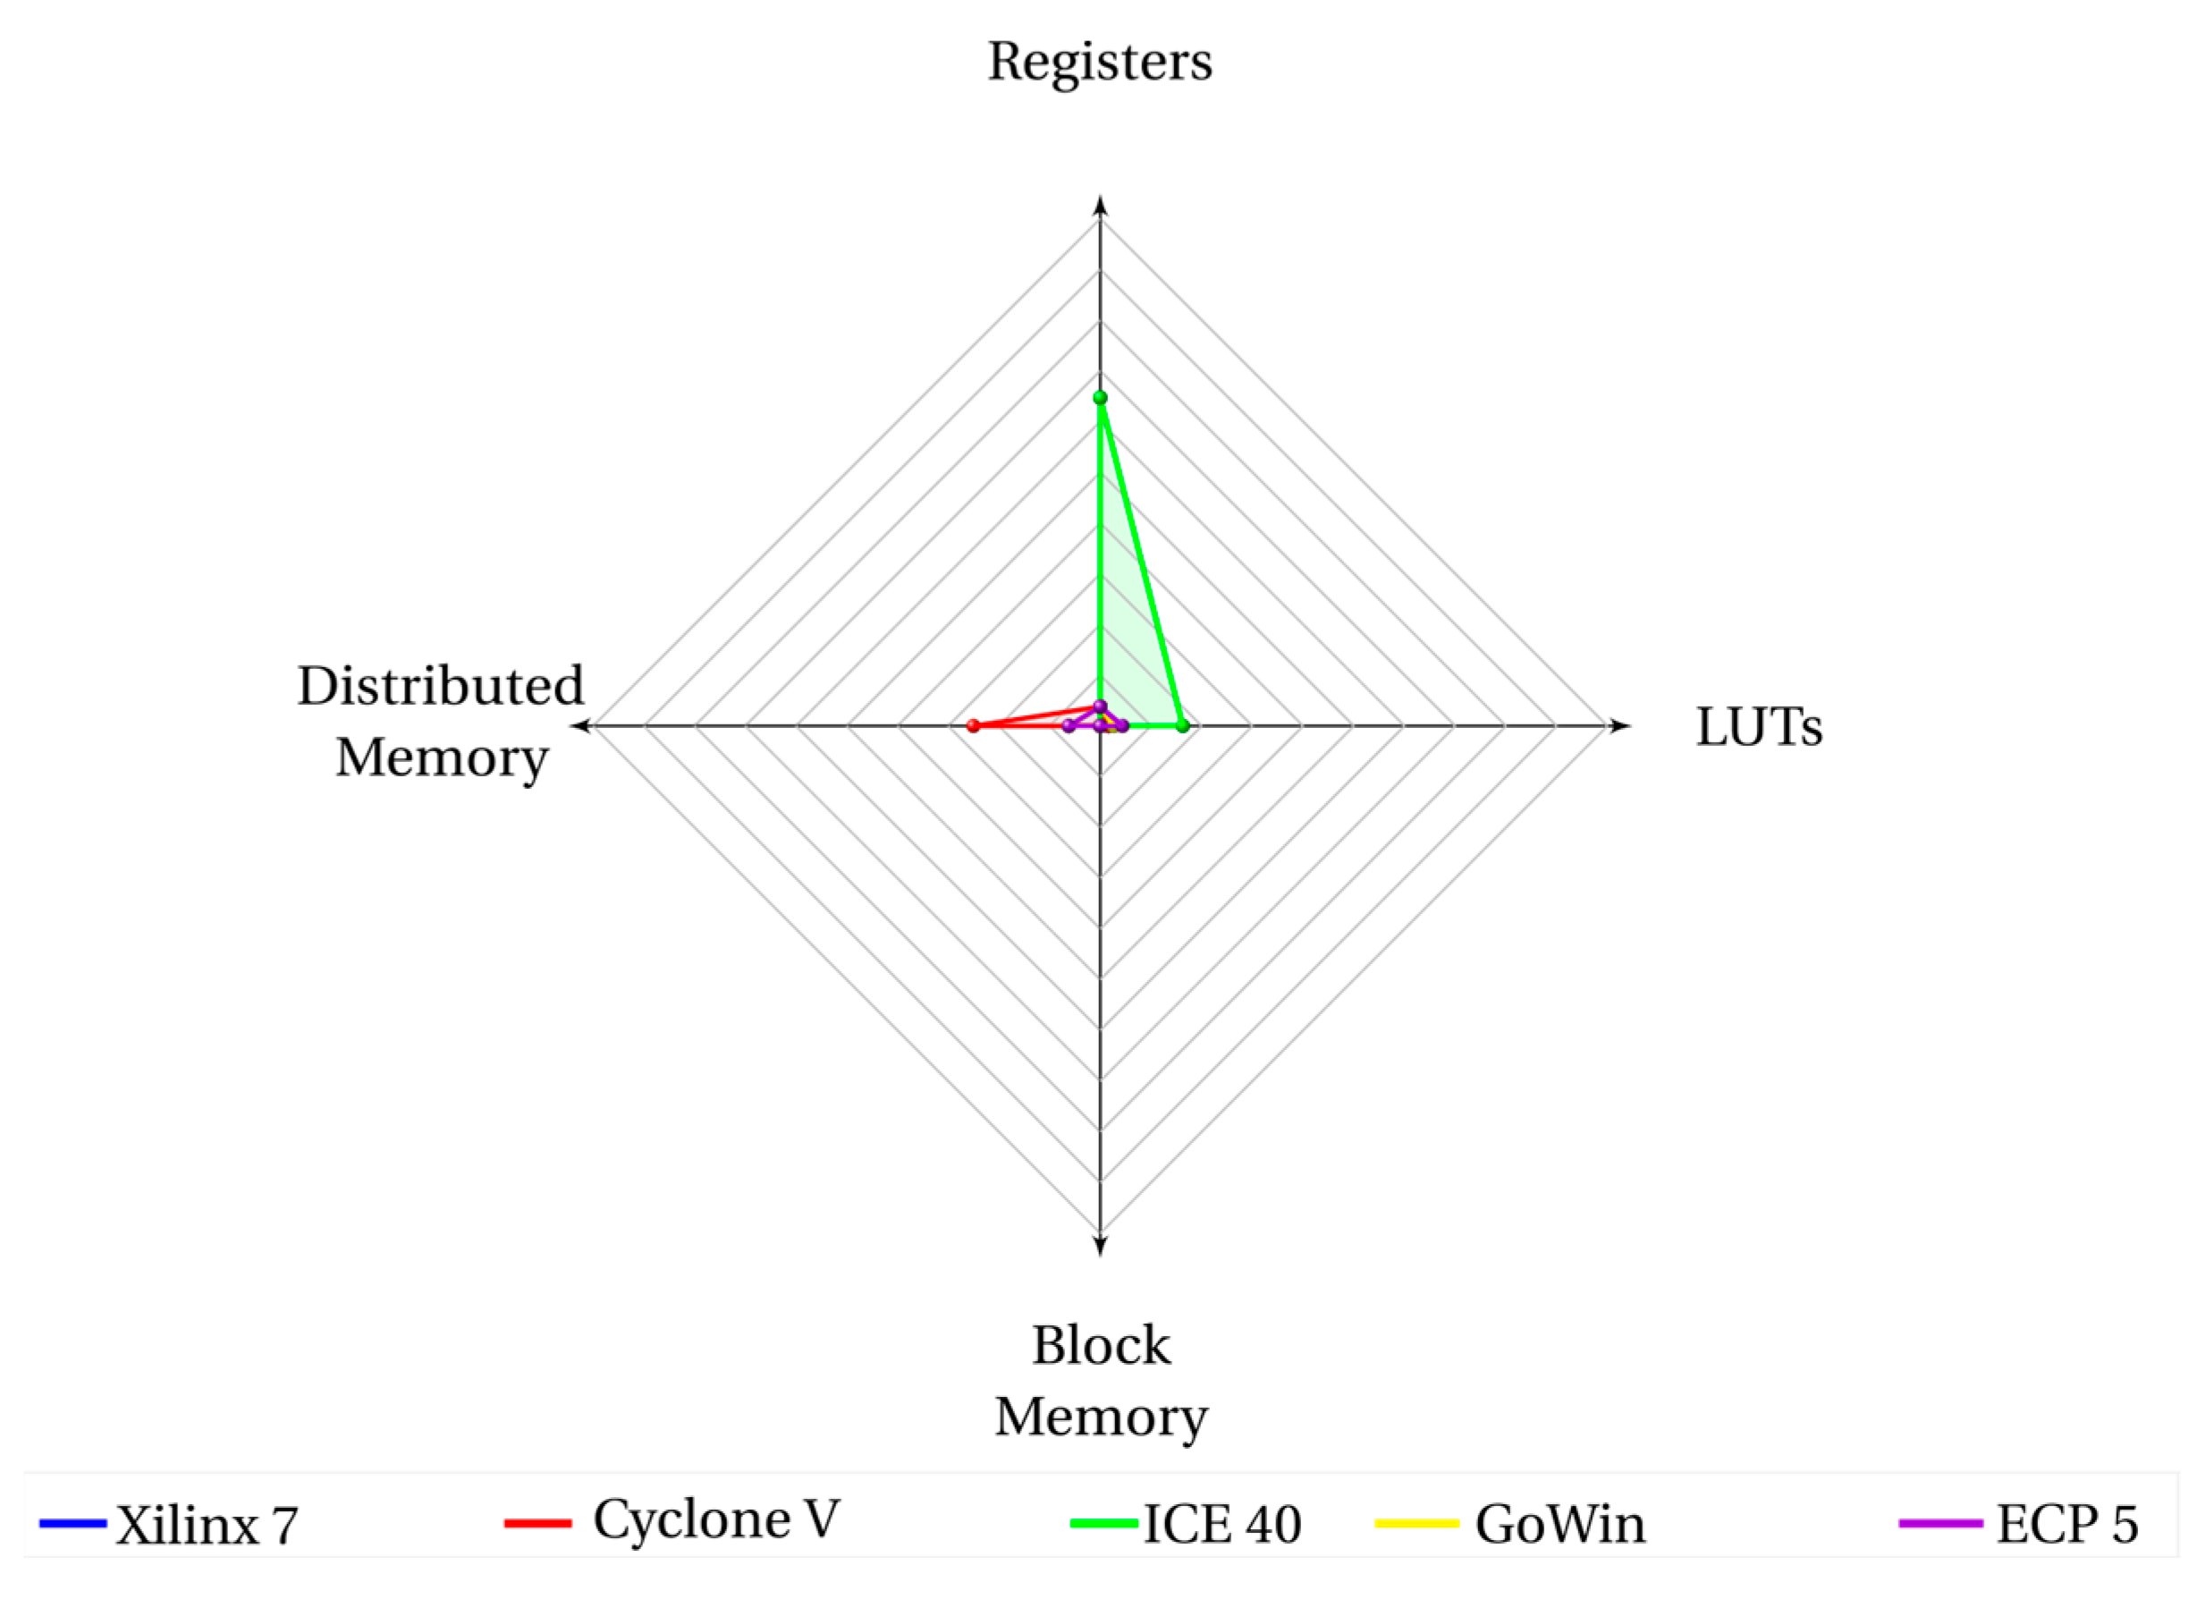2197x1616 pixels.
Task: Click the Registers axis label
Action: pyautogui.click(x=1100, y=63)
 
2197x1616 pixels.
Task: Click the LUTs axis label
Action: pyautogui.click(x=1759, y=728)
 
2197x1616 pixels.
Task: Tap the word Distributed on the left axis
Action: pyautogui.click(x=440, y=686)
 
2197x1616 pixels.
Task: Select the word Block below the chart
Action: pyautogui.click(x=1101, y=1346)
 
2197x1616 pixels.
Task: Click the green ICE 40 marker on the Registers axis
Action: pyautogui.click(x=1100, y=397)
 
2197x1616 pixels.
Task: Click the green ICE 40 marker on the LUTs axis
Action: pyautogui.click(x=1183, y=726)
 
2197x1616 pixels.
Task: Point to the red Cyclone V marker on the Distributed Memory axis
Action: pyautogui.click(x=972, y=726)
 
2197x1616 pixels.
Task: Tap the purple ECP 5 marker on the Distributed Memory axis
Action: pyautogui.click(x=1069, y=726)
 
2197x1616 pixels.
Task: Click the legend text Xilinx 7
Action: pyautogui.click(x=207, y=1525)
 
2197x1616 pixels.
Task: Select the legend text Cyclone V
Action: pyautogui.click(x=716, y=1520)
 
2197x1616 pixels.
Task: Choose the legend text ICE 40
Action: pyautogui.click(x=1221, y=1524)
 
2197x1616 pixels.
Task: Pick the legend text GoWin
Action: pyautogui.click(x=1560, y=1524)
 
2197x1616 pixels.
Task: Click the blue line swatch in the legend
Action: pyautogui.click(x=73, y=1523)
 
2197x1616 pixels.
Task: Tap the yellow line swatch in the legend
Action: pyautogui.click(x=1416, y=1523)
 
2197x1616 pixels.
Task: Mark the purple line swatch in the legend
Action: pyautogui.click(x=1940, y=1523)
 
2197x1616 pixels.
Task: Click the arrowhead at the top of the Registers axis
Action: pyautogui.click(x=1101, y=206)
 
